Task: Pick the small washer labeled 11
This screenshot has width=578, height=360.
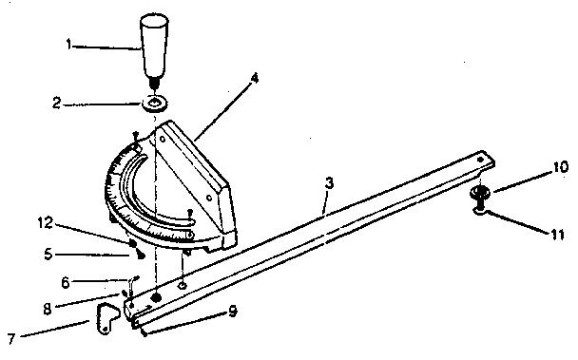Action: click(x=480, y=211)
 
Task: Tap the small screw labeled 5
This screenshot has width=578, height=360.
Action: click(x=140, y=255)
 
